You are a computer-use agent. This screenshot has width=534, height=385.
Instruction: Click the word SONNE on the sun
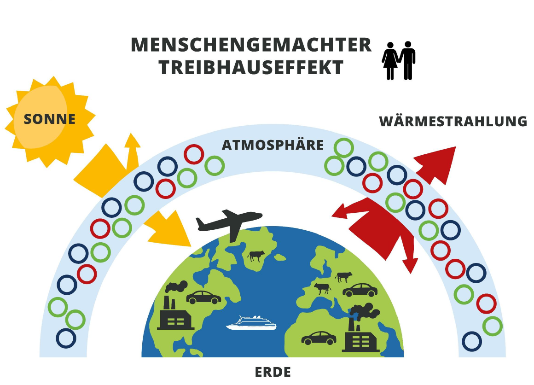click(49, 119)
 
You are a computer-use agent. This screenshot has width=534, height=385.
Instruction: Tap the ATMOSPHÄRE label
click(273, 146)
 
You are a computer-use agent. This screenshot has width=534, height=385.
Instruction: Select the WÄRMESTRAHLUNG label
click(453, 122)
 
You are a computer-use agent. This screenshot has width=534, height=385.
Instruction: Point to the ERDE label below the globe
click(273, 372)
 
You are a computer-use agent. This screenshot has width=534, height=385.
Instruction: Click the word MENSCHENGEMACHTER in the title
click(251, 45)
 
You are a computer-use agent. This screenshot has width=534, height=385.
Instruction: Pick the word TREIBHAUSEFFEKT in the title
click(251, 68)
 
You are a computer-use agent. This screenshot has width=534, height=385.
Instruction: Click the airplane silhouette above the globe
click(229, 222)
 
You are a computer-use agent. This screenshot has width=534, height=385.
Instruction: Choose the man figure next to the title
click(407, 60)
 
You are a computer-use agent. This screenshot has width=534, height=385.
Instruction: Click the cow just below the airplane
click(256, 256)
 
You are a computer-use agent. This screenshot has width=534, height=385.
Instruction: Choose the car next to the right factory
click(319, 338)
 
